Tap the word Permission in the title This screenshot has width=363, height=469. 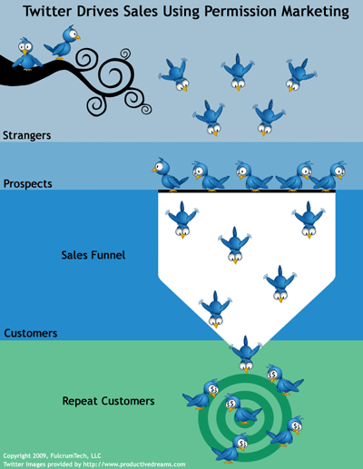pos(240,12)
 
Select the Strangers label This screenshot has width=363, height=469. pos(27,135)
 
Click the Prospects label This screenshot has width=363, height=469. pos(28,184)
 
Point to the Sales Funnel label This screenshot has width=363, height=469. pos(93,255)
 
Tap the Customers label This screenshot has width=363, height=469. pos(31,333)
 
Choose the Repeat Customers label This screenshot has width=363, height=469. pos(108,401)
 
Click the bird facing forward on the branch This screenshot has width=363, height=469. pos(27,54)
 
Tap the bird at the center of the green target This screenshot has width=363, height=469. pos(242,409)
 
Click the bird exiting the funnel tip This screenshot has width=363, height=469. pos(246,354)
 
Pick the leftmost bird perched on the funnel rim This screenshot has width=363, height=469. pos(170,175)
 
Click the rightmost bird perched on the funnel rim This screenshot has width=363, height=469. pos(329,176)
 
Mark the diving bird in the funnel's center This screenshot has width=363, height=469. pos(235,246)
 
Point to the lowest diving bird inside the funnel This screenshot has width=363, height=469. pos(215,309)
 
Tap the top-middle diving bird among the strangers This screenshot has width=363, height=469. pos(238,73)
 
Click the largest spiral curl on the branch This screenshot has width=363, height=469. pos(116,75)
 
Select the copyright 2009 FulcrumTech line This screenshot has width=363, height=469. pos(52,455)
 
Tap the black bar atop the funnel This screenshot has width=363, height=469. pos(247,191)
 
